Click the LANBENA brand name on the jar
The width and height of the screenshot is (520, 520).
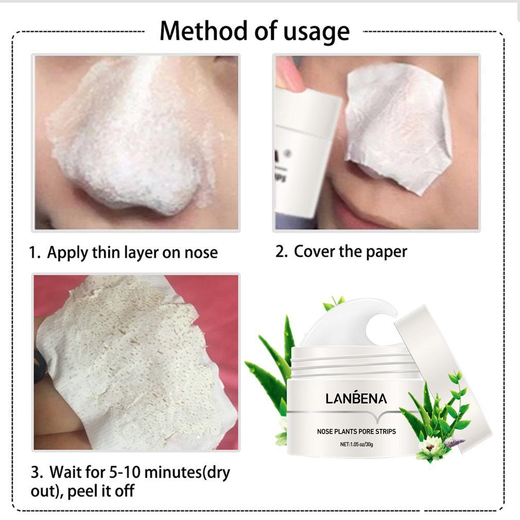tap(356, 398)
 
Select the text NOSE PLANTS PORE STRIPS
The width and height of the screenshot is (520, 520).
tap(356, 431)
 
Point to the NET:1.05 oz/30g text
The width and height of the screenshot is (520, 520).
tap(356, 444)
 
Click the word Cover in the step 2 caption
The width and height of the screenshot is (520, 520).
tap(315, 251)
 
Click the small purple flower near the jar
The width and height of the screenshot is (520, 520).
tap(455, 442)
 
